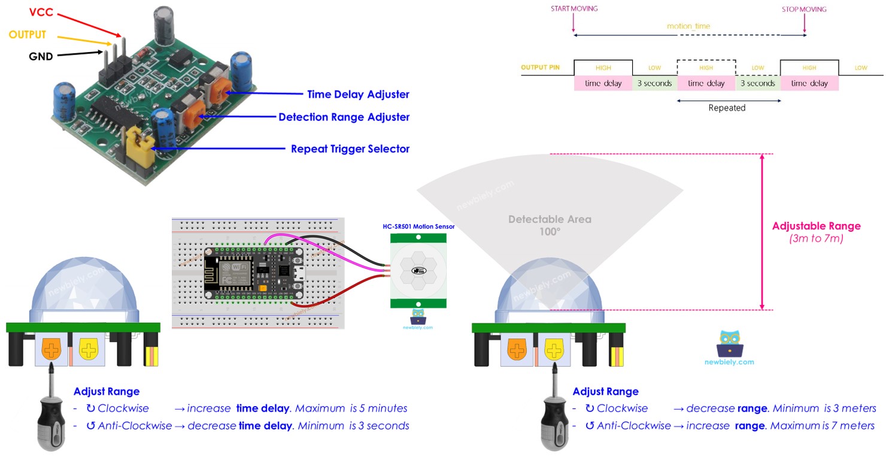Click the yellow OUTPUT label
[28, 35]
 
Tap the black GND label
[41, 57]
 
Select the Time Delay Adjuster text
[358, 94]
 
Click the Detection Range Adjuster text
[344, 117]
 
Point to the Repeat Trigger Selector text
[350, 149]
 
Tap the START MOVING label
[574, 9]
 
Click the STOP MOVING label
[803, 9]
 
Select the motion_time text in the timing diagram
[688, 26]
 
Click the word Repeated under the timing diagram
[727, 108]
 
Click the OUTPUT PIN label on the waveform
[540, 68]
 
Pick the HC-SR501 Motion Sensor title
[418, 226]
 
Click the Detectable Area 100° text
[550, 225]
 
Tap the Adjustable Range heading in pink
[816, 226]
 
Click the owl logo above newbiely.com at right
[729, 343]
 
